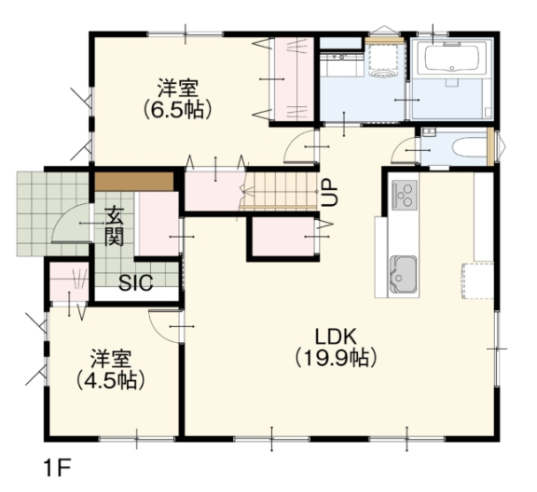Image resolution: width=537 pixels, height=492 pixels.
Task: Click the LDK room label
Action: [336, 337]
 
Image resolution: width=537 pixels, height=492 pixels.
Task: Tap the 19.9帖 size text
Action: [336, 359]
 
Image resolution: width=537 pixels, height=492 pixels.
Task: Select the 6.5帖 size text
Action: [177, 110]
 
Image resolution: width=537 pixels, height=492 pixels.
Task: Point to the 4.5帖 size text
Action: [110, 381]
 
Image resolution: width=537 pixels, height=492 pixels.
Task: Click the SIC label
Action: [135, 282]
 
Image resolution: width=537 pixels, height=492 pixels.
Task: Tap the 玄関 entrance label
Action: [114, 225]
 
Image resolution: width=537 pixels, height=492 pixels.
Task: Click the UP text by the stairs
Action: [330, 192]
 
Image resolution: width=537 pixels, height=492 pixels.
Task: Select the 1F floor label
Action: [57, 468]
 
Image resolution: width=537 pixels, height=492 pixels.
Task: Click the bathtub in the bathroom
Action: [452, 59]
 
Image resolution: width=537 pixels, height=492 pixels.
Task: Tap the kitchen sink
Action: [404, 274]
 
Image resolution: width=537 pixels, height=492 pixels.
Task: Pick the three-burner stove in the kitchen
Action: [405, 195]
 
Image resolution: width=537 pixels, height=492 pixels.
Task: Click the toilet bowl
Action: [469, 148]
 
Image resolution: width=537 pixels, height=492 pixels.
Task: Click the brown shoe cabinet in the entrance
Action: [134, 182]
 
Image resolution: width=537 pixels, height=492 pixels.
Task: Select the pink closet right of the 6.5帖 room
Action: [295, 79]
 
